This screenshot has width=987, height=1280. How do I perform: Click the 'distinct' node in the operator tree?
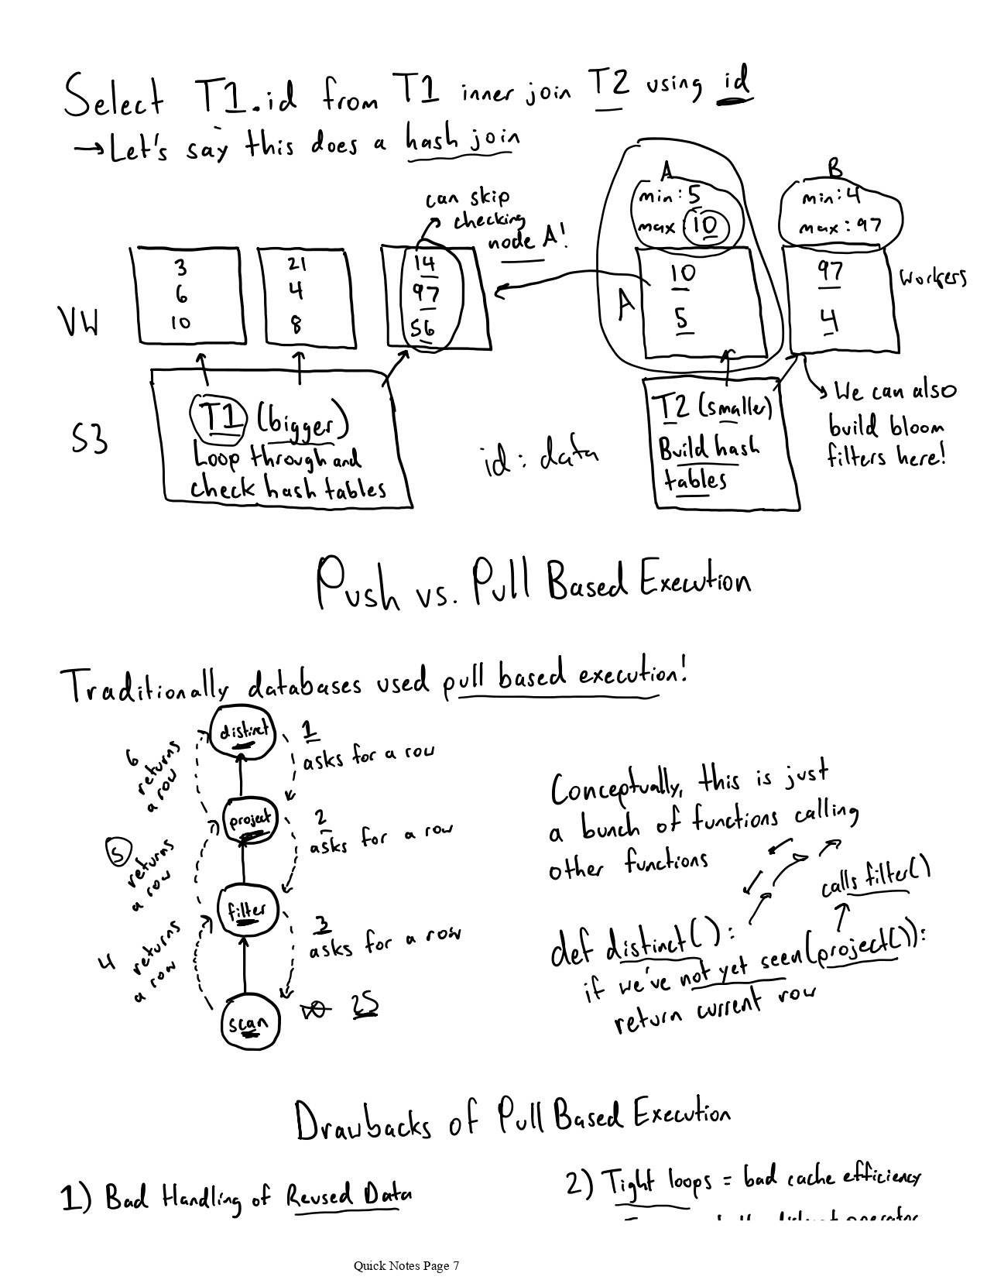pos(243,732)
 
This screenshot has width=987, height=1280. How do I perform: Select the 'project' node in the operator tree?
pos(249,820)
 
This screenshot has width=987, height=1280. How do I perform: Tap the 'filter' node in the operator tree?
pos(246,911)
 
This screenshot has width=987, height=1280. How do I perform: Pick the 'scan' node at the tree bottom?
pos(249,1024)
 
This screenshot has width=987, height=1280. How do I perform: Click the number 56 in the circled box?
pos(423,328)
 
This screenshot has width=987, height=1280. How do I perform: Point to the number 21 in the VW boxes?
pos(296,265)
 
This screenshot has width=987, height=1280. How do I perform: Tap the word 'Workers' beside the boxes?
pos(933,277)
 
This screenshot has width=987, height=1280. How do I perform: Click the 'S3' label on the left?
pos(89,439)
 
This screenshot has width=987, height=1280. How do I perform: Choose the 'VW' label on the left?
pos(79,322)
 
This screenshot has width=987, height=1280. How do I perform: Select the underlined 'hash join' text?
pos(462,142)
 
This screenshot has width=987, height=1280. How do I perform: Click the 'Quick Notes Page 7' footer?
pos(406,1265)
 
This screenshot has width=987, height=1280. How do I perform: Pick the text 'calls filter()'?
pos(875,879)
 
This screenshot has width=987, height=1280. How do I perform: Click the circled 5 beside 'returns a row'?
pos(117,853)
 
